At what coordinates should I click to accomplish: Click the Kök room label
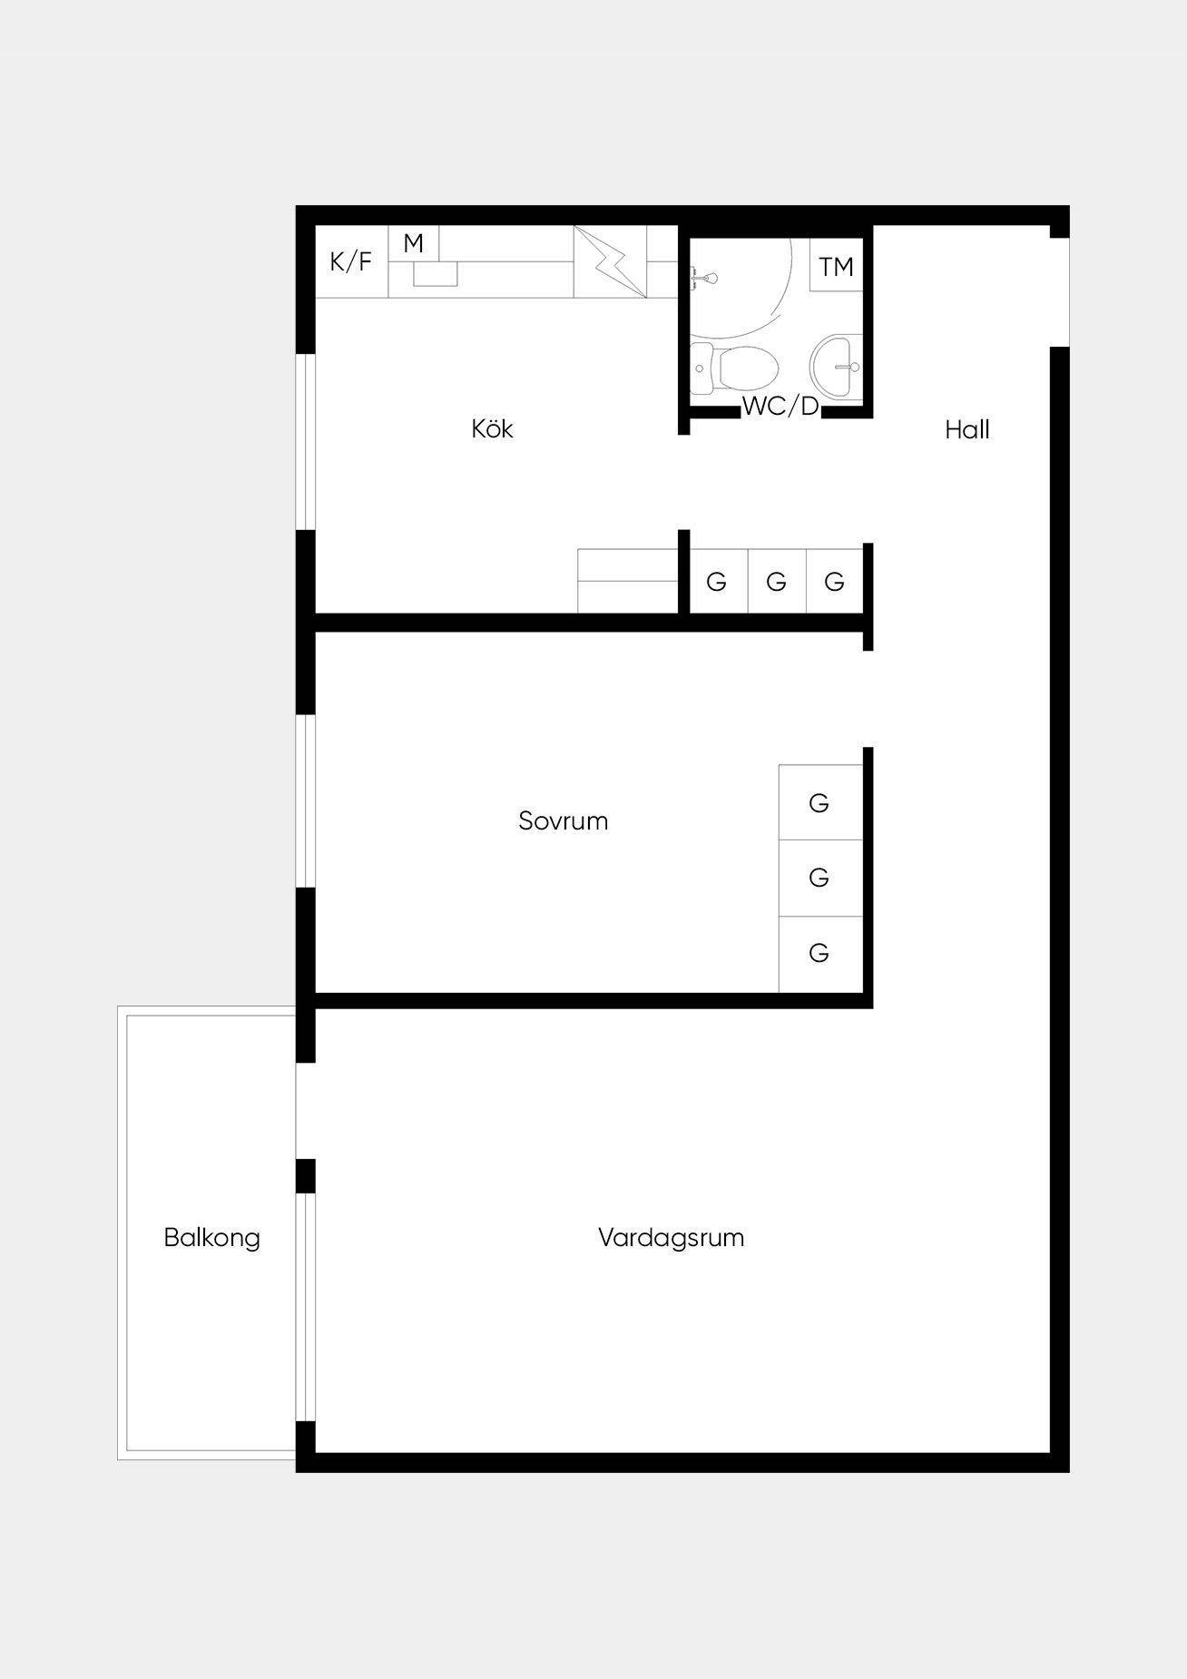point(492,428)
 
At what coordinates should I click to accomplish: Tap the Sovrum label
point(563,820)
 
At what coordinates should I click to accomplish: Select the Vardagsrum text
point(671,1238)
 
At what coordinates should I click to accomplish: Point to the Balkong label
point(211,1238)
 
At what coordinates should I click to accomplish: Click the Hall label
point(966,429)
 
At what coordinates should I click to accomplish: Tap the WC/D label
point(780,407)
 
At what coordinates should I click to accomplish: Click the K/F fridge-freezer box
point(351,261)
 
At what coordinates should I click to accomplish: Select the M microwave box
point(414,243)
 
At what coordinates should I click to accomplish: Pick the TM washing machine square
point(836,265)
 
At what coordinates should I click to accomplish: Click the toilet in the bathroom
point(734,368)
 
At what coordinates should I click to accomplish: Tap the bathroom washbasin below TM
point(835,367)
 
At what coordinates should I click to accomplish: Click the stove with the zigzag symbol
point(610,261)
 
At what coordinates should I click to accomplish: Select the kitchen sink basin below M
point(436,273)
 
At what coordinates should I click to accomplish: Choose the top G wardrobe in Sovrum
point(820,802)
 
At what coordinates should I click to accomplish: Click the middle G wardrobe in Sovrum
point(820,878)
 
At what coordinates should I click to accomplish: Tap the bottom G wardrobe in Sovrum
point(820,954)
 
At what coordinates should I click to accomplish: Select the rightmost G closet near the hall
point(835,581)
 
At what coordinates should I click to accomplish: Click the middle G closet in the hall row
point(778,581)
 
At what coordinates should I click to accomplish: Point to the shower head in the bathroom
point(704,278)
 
